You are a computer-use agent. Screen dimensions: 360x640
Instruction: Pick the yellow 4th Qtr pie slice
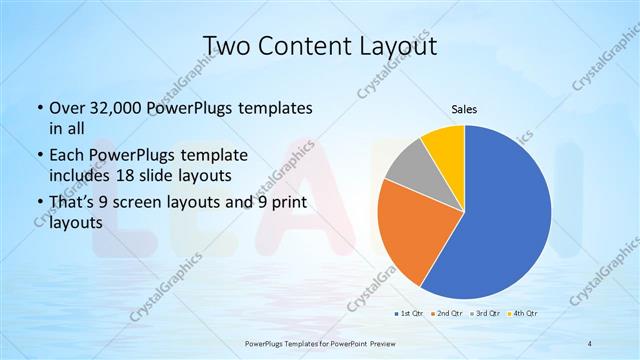pyautogui.click(x=444, y=145)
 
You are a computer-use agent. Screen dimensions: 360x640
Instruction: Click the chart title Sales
pyautogui.click(x=463, y=108)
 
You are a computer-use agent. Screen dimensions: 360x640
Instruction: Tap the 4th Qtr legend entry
pyautogui.click(x=526, y=314)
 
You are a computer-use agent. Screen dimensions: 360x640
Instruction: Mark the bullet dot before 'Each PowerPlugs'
pyautogui.click(x=38, y=156)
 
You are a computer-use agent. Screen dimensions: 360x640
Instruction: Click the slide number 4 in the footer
pyautogui.click(x=589, y=343)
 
